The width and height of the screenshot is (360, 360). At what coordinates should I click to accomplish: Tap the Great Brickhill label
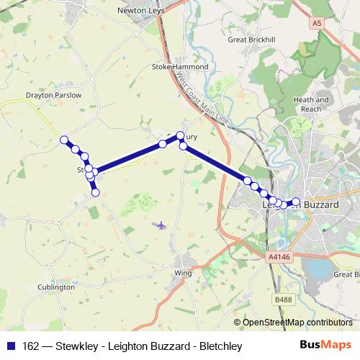click(x=251, y=40)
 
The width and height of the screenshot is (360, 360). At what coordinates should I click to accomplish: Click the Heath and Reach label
click(x=311, y=104)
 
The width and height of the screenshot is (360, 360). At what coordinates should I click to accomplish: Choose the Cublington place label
click(x=55, y=287)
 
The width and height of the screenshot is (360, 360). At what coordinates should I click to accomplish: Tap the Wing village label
click(x=183, y=273)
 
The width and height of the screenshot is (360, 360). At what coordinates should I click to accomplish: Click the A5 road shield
click(x=317, y=24)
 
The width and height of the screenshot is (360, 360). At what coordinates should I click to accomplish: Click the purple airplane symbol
click(x=161, y=225)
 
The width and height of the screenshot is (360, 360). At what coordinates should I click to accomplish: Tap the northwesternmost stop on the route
click(x=64, y=140)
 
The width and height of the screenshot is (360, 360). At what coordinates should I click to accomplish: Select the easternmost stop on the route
click(x=295, y=202)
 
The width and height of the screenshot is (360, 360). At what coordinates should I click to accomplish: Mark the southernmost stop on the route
click(x=95, y=191)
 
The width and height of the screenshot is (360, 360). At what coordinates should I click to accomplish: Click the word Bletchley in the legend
click(x=220, y=346)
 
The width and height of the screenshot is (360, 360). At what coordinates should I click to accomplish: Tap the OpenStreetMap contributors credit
click(x=297, y=323)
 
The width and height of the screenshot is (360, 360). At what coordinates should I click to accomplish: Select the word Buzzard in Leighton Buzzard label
click(x=321, y=205)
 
